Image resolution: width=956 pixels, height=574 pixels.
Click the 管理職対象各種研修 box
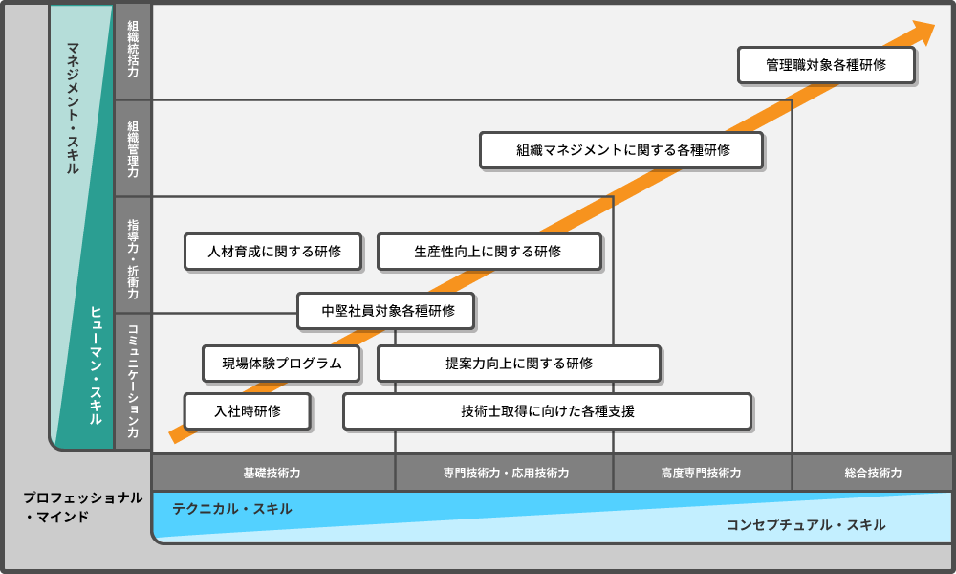pyautogui.click(x=827, y=66)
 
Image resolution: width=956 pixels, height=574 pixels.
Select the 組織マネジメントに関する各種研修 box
pyautogui.click(x=621, y=150)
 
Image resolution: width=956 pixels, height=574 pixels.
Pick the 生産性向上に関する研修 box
pyautogui.click(x=489, y=252)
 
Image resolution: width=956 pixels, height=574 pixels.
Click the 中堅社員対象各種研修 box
pyautogui.click(x=385, y=311)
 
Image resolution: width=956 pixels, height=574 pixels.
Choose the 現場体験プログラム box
pyautogui.click(x=282, y=364)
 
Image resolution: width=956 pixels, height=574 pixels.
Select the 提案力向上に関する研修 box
pyautogui.click(x=519, y=364)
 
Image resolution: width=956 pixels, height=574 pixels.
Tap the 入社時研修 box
pyautogui.click(x=248, y=411)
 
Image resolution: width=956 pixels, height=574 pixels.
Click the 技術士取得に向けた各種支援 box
pyautogui.click(x=548, y=411)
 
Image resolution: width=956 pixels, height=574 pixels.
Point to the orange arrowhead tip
pyautogui.click(x=934, y=25)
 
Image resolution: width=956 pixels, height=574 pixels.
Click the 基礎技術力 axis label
pyautogui.click(x=272, y=473)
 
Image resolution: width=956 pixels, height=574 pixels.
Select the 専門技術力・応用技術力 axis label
pyautogui.click(x=505, y=473)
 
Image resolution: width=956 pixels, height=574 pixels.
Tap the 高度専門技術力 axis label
pyautogui.click(x=701, y=473)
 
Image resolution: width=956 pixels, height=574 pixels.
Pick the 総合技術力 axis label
pyautogui.click(x=872, y=473)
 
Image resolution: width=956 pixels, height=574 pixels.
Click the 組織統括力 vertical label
pyautogui.click(x=133, y=52)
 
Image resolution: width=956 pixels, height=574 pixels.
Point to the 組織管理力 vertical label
pyautogui.click(x=133, y=148)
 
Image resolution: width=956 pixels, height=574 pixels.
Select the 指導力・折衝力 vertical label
pyautogui.click(x=133, y=255)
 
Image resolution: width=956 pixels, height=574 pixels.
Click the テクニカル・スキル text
pyautogui.click(x=232, y=509)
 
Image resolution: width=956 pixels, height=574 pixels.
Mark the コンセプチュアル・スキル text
pyautogui.click(x=805, y=524)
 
